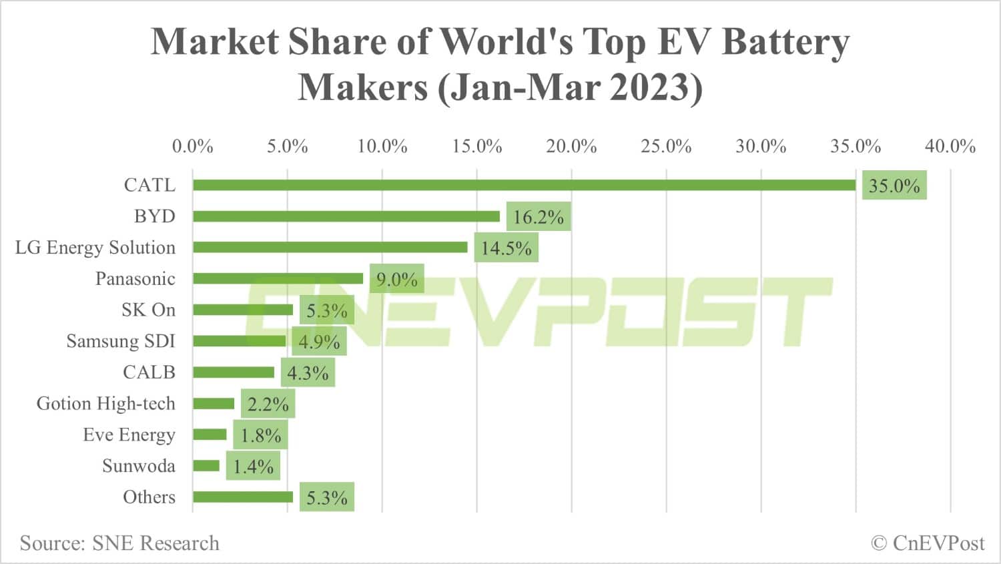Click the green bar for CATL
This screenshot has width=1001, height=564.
point(524,185)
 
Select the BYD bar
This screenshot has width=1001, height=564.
point(346,216)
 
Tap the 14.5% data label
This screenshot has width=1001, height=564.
point(506,248)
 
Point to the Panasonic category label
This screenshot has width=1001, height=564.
point(135,278)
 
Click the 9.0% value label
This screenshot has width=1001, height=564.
point(396,279)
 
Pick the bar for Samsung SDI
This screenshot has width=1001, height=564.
point(240,341)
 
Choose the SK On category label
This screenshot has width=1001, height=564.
point(148,310)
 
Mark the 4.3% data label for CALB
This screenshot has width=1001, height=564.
point(308,373)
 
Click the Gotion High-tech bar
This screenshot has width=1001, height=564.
point(214,403)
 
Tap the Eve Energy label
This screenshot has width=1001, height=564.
point(129,435)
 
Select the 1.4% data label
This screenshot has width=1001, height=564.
point(253,467)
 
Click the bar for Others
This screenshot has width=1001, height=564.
point(243,497)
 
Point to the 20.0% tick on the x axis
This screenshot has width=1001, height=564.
point(571,146)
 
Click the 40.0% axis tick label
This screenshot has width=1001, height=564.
point(950,146)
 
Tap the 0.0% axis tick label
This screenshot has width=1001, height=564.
point(192,146)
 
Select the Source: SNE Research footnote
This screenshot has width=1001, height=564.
point(119,543)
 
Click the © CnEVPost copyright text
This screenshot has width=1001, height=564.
point(928,543)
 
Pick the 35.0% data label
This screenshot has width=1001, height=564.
point(894,186)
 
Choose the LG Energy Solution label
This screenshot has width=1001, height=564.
point(95,248)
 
